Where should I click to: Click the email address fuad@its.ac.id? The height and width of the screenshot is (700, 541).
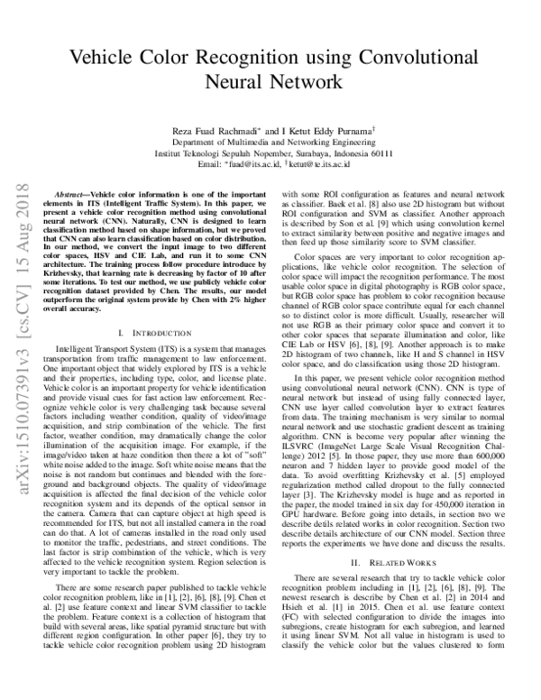tap(256, 165)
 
